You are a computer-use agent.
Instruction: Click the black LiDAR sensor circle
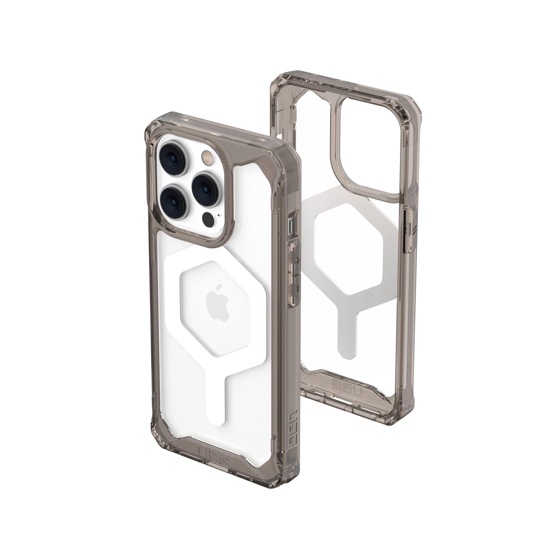click(x=209, y=219)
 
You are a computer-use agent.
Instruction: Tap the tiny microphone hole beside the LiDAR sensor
click(x=220, y=215)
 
